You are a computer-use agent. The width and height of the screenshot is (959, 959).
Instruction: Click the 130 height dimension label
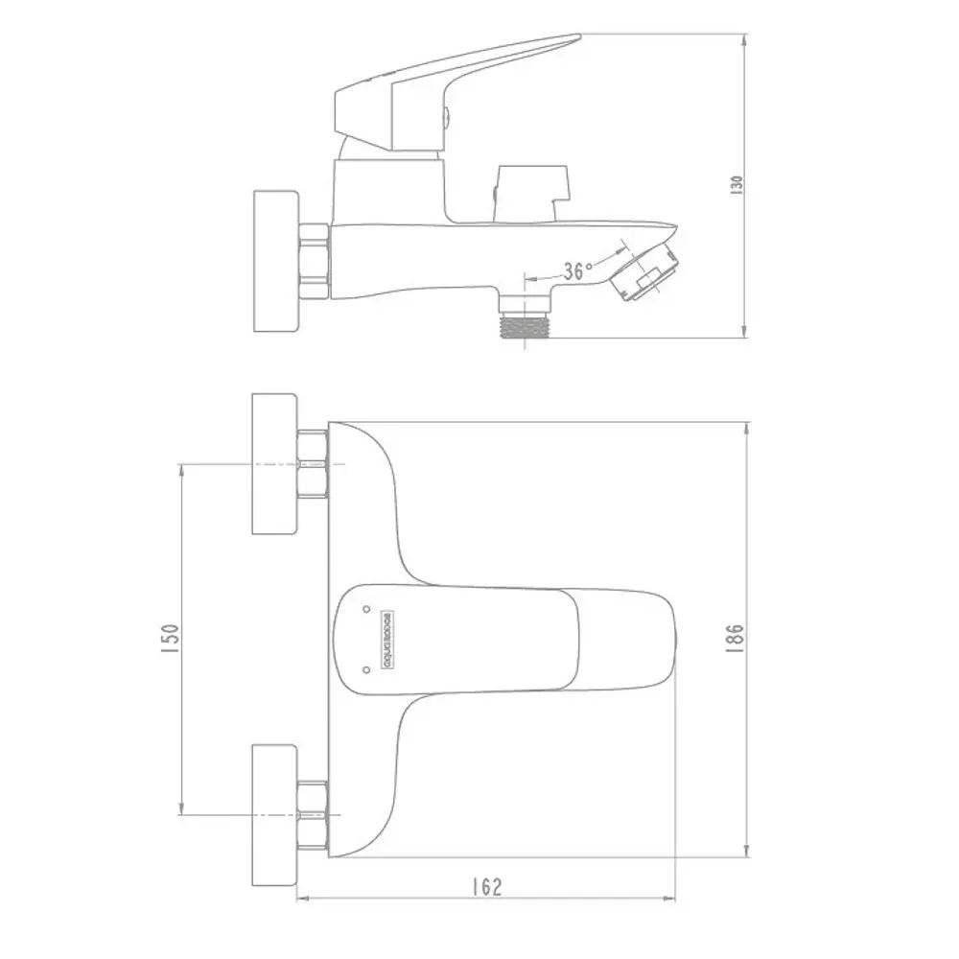[737, 184]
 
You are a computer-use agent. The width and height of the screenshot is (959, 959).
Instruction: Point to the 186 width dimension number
[736, 639]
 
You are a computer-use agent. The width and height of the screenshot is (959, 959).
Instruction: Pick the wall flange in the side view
[276, 262]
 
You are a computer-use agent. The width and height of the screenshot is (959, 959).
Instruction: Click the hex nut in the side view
[315, 261]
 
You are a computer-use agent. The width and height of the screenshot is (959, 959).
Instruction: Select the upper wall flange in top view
[274, 464]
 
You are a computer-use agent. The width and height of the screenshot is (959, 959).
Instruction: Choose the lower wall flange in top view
[274, 814]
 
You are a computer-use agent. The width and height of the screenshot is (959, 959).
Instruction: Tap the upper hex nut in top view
[314, 464]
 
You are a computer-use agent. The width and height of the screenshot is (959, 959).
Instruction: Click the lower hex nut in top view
[314, 814]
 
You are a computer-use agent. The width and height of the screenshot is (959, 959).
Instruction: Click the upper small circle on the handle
[366, 609]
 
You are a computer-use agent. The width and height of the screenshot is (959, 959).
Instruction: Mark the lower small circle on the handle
[366, 669]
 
